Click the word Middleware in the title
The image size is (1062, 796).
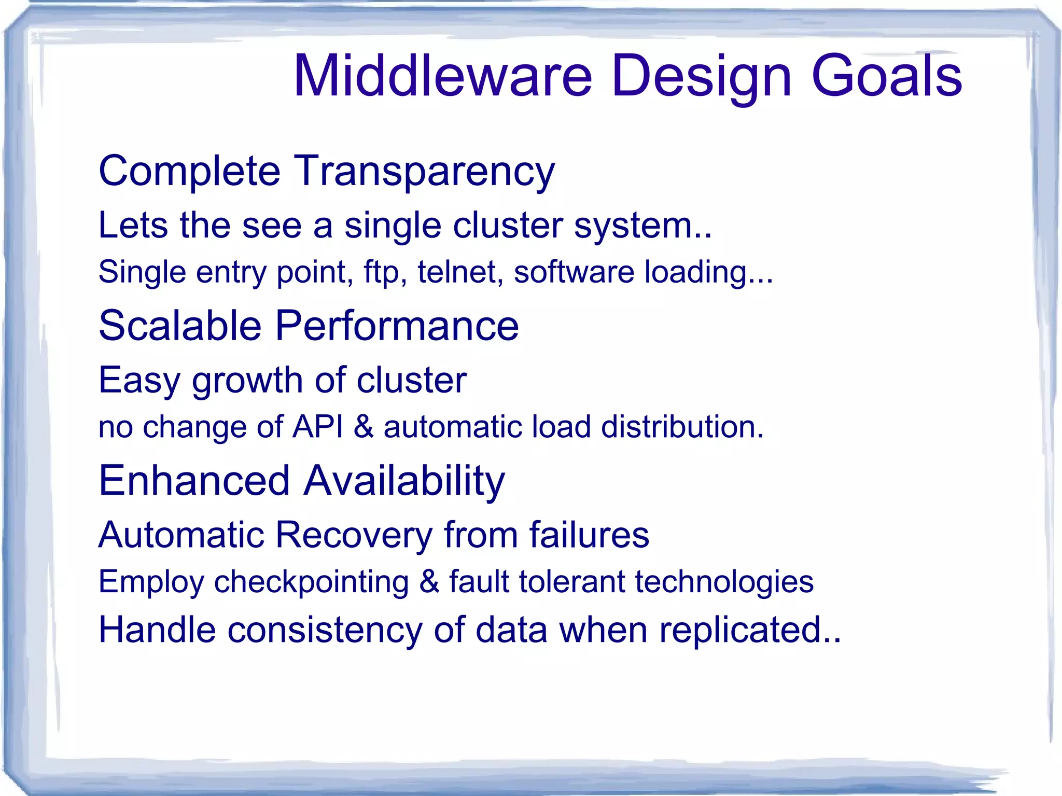tap(442, 76)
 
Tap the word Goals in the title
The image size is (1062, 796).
tap(886, 76)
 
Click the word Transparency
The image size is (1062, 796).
tap(424, 172)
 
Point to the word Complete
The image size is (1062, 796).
tap(189, 172)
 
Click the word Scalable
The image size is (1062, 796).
tap(180, 326)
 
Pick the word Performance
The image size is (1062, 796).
tap(397, 326)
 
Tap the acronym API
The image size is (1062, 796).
tap(317, 427)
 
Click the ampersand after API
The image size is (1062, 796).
tap(364, 427)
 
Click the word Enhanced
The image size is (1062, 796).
tap(194, 481)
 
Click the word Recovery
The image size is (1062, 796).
tap(353, 535)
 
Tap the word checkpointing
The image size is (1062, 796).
tap(311, 582)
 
